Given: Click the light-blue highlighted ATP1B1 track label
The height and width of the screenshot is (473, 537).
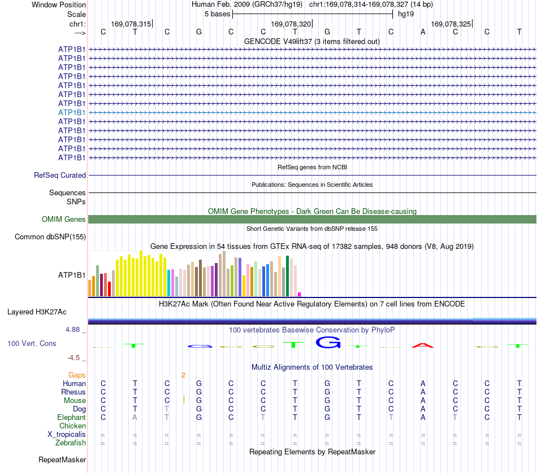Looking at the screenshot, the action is pyautogui.click(x=72, y=112).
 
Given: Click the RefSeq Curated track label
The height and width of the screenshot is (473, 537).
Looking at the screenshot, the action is pyautogui.click(x=60, y=175).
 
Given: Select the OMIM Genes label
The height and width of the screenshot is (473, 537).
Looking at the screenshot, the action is pyautogui.click(x=64, y=219).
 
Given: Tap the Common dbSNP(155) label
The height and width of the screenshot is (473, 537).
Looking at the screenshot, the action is pyautogui.click(x=50, y=236).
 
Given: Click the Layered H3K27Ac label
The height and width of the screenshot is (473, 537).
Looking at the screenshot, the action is pyautogui.click(x=37, y=312).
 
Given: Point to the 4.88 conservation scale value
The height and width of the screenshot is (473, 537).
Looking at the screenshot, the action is pyautogui.click(x=72, y=330).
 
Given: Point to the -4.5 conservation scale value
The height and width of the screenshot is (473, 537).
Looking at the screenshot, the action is pyautogui.click(x=73, y=358).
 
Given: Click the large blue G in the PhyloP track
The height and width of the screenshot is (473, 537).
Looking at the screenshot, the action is pyautogui.click(x=328, y=343).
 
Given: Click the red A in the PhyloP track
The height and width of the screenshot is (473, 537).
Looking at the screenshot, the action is pyautogui.click(x=423, y=345).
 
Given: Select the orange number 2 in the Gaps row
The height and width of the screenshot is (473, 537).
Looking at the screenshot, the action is pyautogui.click(x=183, y=375).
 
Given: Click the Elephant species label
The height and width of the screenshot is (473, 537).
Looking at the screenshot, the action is pyautogui.click(x=72, y=417).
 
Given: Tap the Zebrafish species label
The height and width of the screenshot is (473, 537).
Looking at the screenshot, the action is pyautogui.click(x=71, y=443).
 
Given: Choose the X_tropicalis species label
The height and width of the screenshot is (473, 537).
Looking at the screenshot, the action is pyautogui.click(x=67, y=435).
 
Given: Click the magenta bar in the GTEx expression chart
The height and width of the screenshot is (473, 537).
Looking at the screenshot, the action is pyautogui.click(x=300, y=294).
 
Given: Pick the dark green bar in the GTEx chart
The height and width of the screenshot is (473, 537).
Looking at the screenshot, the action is pyautogui.click(x=287, y=276).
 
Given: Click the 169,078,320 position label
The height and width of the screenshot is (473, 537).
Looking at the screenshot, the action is pyautogui.click(x=291, y=24).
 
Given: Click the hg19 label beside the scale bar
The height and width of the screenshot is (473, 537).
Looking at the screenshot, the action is pyautogui.click(x=406, y=14).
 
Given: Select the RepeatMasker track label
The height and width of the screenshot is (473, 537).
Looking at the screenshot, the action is pyautogui.click(x=62, y=459).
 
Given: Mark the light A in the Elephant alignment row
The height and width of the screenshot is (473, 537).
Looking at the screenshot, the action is pyautogui.click(x=135, y=417).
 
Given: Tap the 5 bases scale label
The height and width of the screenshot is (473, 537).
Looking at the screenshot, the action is pyautogui.click(x=218, y=14).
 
